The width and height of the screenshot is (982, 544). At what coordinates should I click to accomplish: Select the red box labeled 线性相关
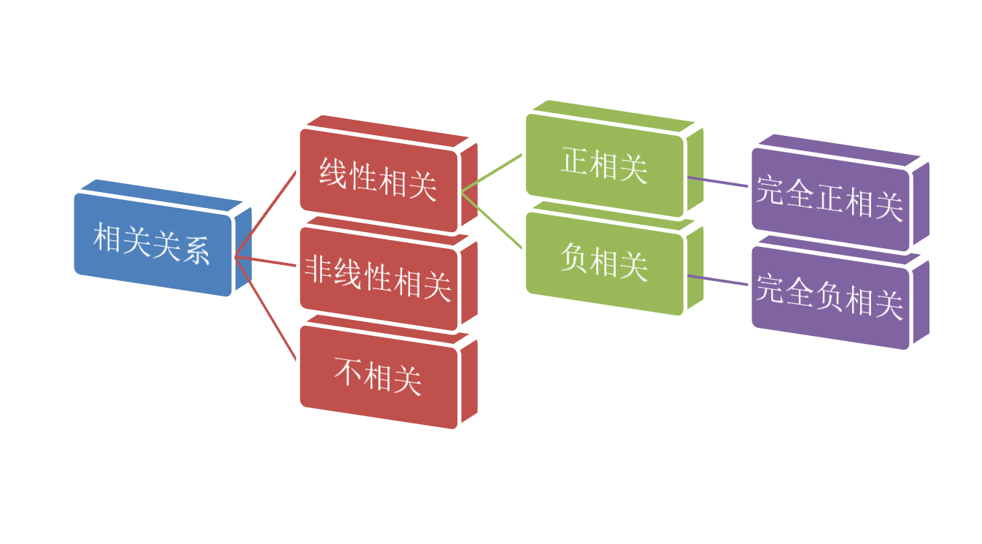coord(378,177)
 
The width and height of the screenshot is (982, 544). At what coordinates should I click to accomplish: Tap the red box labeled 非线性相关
coord(378,277)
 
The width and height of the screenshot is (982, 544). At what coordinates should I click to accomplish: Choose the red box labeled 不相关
coord(378,376)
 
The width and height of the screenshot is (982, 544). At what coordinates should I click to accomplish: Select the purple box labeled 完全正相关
coord(830,197)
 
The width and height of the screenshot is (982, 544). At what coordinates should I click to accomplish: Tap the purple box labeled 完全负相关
coord(830,296)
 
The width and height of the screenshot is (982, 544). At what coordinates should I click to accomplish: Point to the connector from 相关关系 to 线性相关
coord(266,214)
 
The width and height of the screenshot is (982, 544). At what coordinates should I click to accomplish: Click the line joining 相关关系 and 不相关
coord(266,308)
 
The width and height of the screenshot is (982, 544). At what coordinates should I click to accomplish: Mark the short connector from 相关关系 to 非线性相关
coord(266,261)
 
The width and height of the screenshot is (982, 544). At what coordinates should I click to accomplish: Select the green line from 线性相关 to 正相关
coord(492,174)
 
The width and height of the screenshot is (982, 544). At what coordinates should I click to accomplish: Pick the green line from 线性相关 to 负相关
coord(492,220)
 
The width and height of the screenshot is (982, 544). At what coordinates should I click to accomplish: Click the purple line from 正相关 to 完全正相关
coord(719,182)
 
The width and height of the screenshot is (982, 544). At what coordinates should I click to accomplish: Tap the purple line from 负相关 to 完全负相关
coord(719,280)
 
